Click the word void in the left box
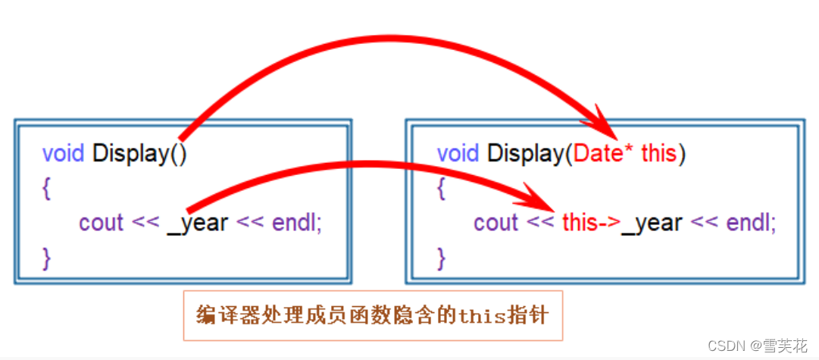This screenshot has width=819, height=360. [x=64, y=154]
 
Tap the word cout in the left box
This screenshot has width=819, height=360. [x=101, y=224]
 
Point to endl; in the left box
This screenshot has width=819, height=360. [x=295, y=224]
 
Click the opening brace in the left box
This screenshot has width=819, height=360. [x=47, y=189]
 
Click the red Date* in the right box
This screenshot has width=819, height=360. [x=603, y=154]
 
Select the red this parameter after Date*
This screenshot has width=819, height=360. [x=658, y=154]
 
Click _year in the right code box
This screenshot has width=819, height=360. [x=652, y=224]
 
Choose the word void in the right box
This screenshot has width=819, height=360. [x=458, y=154]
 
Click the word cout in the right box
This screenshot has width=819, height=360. [x=496, y=224]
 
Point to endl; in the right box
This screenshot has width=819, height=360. [x=751, y=224]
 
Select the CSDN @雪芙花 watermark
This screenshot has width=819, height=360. [x=757, y=346]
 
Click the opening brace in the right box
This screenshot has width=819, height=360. [x=442, y=189]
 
